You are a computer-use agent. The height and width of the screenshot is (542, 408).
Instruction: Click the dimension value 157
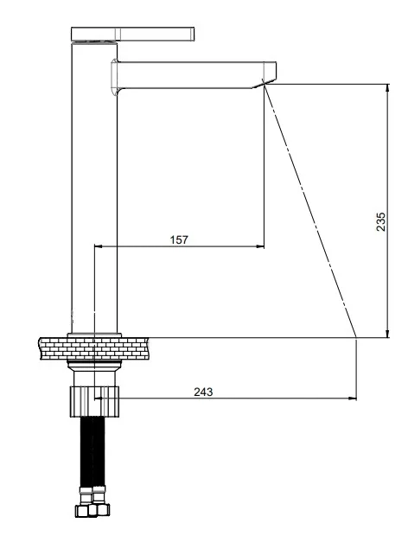coord(179,239)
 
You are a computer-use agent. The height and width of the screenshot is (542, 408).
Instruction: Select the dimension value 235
coord(380,221)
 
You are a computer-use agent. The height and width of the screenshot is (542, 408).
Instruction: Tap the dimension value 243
coord(203,392)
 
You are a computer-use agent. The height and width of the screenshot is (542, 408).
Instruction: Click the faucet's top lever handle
coord(133,34)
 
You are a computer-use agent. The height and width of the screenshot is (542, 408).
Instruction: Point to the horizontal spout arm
coord(194,75)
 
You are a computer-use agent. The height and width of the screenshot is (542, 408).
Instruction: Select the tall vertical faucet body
coord(94,187)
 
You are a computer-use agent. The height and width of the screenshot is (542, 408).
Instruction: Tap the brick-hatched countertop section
coord(94,348)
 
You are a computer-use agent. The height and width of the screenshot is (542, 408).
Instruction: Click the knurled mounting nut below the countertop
coord(94,401)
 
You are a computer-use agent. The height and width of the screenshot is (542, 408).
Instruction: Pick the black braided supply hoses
coord(92,452)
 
